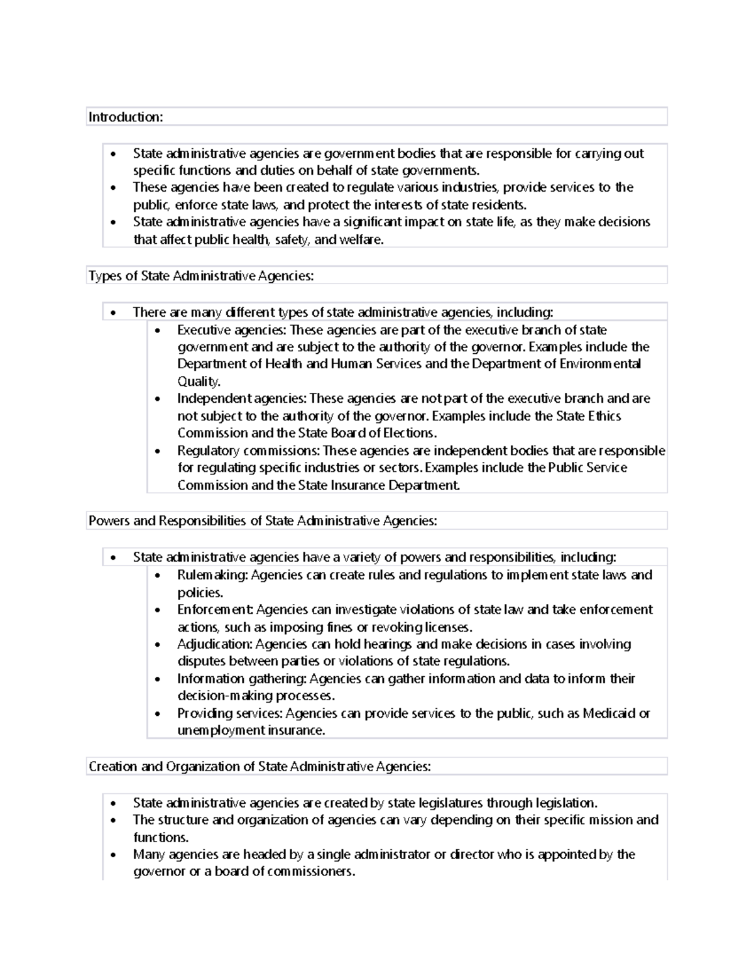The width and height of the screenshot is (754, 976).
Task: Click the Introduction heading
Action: [x=126, y=117]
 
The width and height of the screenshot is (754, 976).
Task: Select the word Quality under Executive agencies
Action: [x=199, y=381]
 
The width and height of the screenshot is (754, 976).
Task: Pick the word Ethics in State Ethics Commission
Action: [x=604, y=416]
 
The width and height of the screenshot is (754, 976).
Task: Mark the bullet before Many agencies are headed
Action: [x=113, y=855]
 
